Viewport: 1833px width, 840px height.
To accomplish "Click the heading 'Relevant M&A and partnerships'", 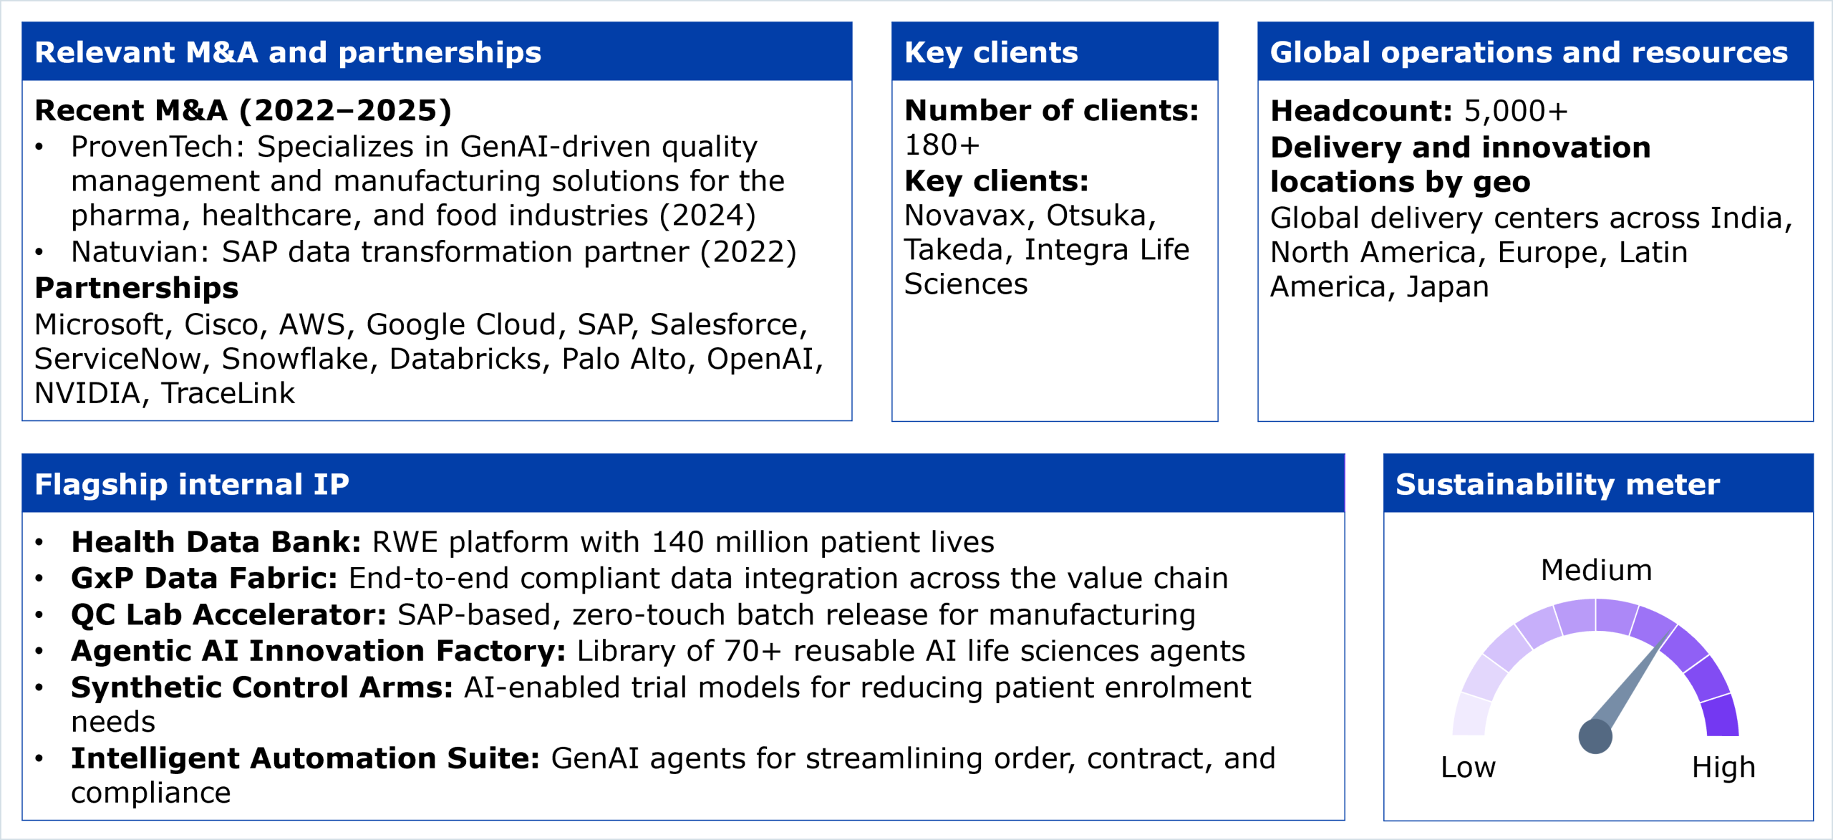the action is tap(288, 52).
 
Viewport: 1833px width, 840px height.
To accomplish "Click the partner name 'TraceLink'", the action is tap(228, 393).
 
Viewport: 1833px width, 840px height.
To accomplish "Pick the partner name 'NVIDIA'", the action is tap(87, 393).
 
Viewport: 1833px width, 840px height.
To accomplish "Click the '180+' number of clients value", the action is tap(942, 145).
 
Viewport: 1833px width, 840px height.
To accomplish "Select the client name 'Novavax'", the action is tap(964, 216).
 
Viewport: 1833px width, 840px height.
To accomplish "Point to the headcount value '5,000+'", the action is tap(1516, 111).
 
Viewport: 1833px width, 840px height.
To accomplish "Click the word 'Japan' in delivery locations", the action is tap(1448, 287).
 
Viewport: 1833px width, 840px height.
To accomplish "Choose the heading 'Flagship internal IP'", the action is tap(192, 484).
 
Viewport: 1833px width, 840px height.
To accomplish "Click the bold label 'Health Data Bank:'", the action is tap(216, 542).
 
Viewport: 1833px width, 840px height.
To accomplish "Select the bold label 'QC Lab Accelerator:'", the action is tap(228, 615).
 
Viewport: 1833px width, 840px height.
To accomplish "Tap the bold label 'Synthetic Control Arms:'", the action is tap(261, 687).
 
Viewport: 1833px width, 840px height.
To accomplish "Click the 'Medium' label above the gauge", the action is tap(1596, 571).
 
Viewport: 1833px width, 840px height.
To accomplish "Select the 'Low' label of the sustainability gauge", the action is tap(1468, 768).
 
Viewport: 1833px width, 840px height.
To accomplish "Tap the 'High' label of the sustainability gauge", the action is tap(1723, 768).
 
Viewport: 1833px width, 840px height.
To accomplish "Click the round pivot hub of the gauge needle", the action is tap(1595, 736).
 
